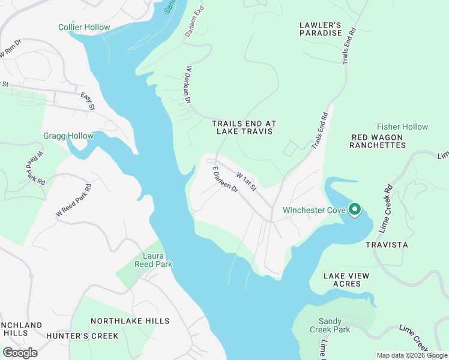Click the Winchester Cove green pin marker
(x=355, y=209)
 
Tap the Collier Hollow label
(x=84, y=27)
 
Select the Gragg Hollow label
(x=68, y=136)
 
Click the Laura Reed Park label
(x=152, y=259)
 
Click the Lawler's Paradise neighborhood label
(x=321, y=29)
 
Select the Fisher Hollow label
(x=402, y=127)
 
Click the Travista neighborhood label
(x=387, y=245)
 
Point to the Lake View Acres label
(x=346, y=280)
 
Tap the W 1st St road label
(x=247, y=182)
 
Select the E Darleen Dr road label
(x=226, y=180)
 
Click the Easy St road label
(x=88, y=102)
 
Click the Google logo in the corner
(x=20, y=352)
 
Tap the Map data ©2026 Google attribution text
(x=411, y=355)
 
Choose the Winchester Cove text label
(x=313, y=210)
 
